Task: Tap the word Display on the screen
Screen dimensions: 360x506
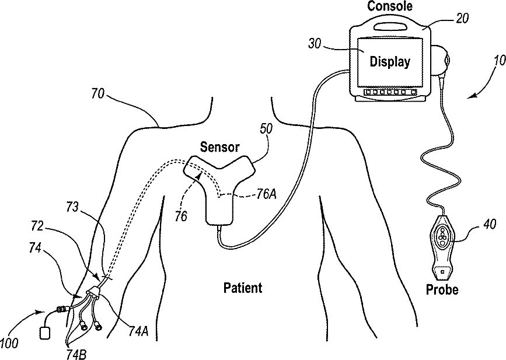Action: [x=390, y=61]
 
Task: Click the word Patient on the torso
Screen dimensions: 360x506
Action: [x=243, y=288]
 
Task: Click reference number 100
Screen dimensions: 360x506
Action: [x=13, y=344]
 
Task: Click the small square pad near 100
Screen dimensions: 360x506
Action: [x=44, y=333]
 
